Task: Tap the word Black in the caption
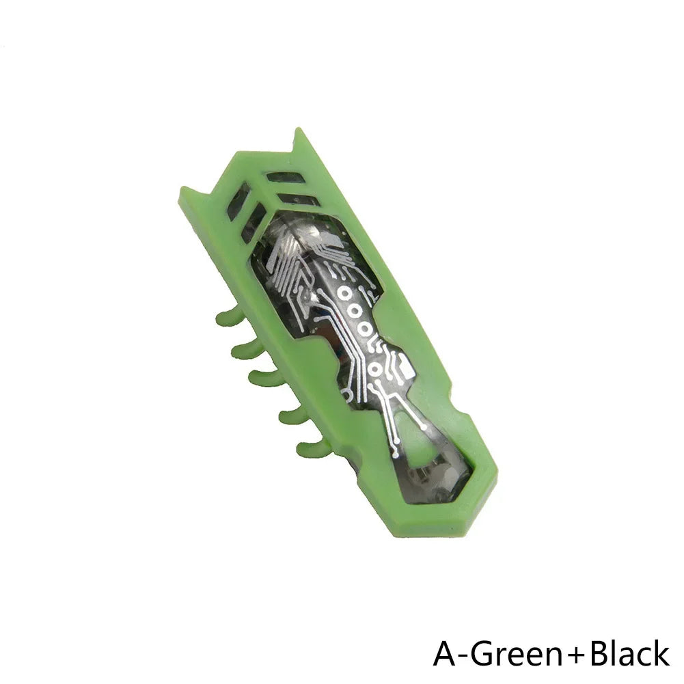tap(629, 653)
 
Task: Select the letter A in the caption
tap(444, 653)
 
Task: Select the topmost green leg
tap(229, 317)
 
